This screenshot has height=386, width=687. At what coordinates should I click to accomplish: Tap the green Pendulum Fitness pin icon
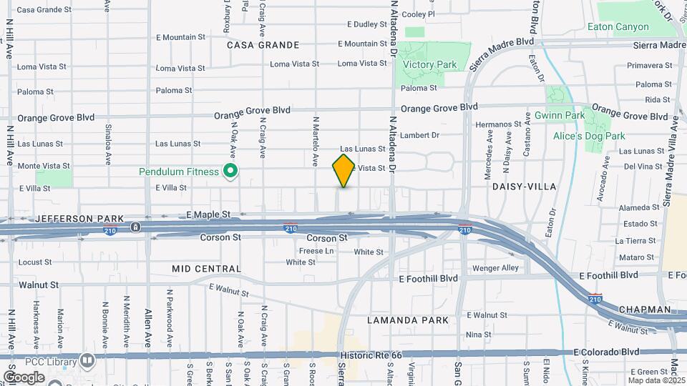pyautogui.click(x=230, y=172)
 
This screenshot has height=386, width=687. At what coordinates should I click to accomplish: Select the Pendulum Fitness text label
pyautogui.click(x=179, y=172)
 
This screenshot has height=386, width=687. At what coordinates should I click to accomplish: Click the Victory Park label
pyautogui.click(x=429, y=65)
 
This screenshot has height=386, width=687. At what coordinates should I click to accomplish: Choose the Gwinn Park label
pyautogui.click(x=560, y=115)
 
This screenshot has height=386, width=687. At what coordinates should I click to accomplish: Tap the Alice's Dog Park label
pyautogui.click(x=589, y=136)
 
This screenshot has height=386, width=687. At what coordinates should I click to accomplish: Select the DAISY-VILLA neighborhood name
pyautogui.click(x=524, y=187)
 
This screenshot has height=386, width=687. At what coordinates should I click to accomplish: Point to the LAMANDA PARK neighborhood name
pyautogui.click(x=408, y=320)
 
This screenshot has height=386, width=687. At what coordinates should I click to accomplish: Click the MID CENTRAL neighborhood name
pyautogui.click(x=206, y=269)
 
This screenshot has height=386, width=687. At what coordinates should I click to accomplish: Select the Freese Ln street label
pyautogui.click(x=316, y=251)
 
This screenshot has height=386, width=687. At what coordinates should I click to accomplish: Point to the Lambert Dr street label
pyautogui.click(x=419, y=134)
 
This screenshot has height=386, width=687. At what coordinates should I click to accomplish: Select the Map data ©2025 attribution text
pyautogui.click(x=656, y=380)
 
